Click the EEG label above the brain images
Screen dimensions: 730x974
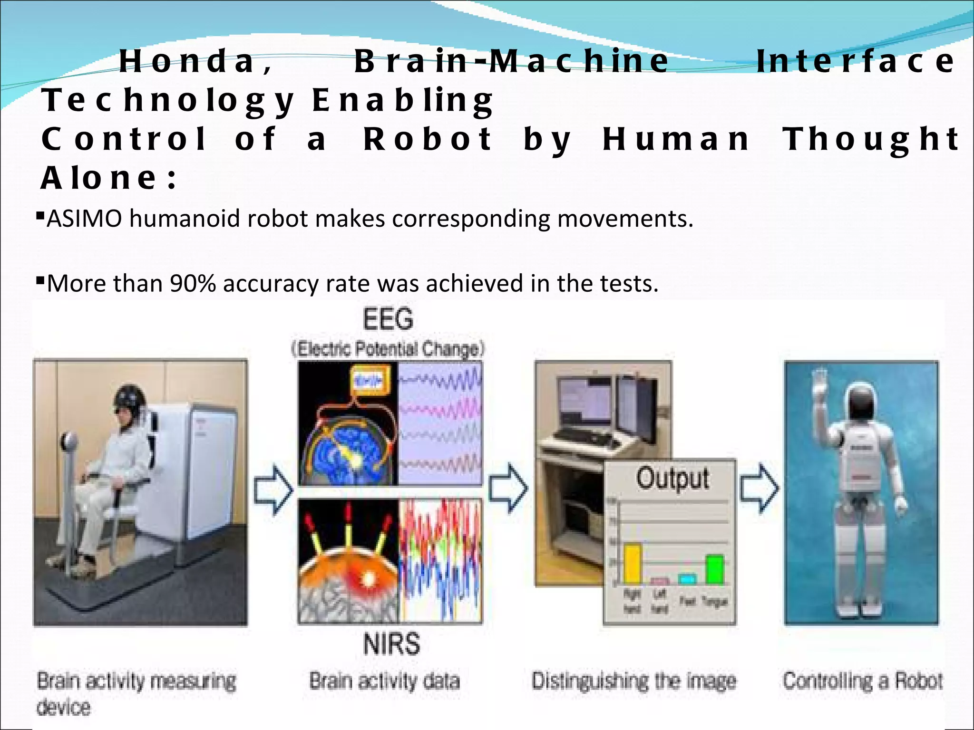click(388, 319)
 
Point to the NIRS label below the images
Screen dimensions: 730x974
click(391, 644)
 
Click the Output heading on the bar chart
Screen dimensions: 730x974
click(672, 478)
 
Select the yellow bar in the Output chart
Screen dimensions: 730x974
click(633, 564)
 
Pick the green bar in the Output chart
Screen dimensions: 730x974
click(715, 569)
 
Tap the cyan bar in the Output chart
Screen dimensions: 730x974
click(687, 579)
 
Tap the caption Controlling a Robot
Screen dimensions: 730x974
click(862, 681)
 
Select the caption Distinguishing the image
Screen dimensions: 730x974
click(633, 681)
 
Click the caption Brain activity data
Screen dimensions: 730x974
click(384, 681)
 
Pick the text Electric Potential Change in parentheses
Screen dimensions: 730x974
click(388, 349)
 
